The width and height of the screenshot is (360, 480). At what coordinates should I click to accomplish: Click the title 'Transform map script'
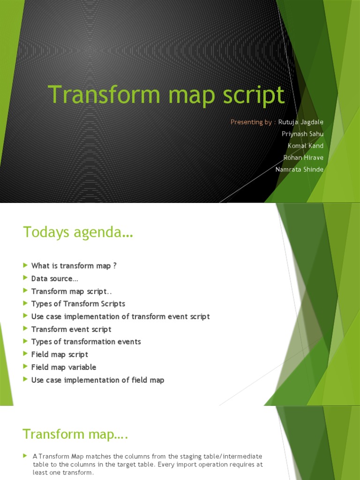pyautogui.click(x=166, y=95)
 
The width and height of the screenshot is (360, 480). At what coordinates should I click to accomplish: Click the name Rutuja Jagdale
pyautogui.click(x=300, y=122)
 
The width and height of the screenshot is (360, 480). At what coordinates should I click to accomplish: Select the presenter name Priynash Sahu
pyautogui.click(x=302, y=134)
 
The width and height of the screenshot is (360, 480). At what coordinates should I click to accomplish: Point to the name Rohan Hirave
pyautogui.click(x=303, y=157)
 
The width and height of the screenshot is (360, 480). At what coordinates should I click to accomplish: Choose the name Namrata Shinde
pyautogui.click(x=300, y=169)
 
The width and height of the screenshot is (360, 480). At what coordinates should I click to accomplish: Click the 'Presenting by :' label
pyautogui.click(x=252, y=122)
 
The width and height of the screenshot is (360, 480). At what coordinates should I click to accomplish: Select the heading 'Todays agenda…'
pyautogui.click(x=78, y=232)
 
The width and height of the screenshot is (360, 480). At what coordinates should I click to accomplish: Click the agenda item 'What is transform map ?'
pyautogui.click(x=74, y=266)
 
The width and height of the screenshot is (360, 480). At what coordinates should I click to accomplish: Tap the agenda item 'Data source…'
pyautogui.click(x=54, y=278)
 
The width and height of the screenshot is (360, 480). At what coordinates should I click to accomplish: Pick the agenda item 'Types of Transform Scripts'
pyautogui.click(x=78, y=304)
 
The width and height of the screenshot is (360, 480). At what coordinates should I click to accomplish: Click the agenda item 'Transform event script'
pyautogui.click(x=71, y=329)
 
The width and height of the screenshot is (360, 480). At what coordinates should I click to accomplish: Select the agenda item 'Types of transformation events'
pyautogui.click(x=86, y=342)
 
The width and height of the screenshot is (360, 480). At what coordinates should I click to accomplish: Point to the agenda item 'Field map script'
pyautogui.click(x=60, y=354)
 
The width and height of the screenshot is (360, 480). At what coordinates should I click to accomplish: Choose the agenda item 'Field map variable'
pyautogui.click(x=63, y=367)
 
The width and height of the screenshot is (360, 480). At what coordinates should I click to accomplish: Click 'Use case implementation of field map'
pyautogui.click(x=97, y=380)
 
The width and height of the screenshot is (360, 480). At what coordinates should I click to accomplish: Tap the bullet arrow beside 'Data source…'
pyautogui.click(x=25, y=278)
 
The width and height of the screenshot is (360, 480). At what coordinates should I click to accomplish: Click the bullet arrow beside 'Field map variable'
pyautogui.click(x=25, y=367)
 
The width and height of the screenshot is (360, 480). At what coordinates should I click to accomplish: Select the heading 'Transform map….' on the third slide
pyautogui.click(x=75, y=435)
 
